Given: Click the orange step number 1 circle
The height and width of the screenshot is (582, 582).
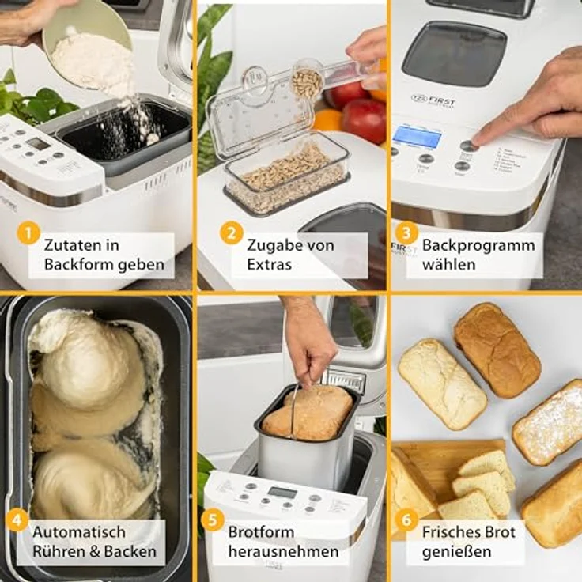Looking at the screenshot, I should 29,233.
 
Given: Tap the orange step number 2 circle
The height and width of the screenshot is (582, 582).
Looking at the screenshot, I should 232,233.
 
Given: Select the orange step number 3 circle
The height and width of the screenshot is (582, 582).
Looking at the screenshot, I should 406,232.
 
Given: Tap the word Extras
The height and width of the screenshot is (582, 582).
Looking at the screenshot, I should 269,263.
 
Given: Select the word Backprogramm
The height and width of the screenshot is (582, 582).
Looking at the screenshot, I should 478,244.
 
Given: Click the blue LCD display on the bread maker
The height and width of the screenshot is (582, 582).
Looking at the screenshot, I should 417,136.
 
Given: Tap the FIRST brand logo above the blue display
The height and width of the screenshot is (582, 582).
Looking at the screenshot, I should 433,100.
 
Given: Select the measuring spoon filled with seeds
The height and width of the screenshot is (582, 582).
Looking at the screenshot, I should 308,81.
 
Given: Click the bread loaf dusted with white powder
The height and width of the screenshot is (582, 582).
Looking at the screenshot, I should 550,423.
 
